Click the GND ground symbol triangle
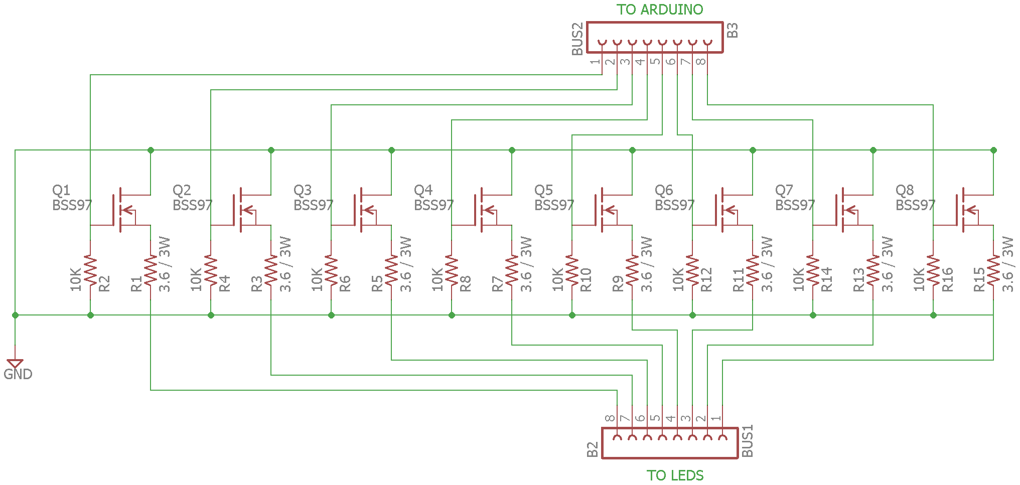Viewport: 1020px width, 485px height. click(x=15, y=363)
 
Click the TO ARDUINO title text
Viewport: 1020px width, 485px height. click(x=659, y=10)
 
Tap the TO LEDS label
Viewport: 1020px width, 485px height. click(x=675, y=475)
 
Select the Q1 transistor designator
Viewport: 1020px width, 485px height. click(x=61, y=190)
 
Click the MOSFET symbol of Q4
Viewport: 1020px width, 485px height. click(x=484, y=211)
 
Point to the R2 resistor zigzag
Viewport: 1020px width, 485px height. click(x=90, y=271)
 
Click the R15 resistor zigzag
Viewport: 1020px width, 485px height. click(x=993, y=271)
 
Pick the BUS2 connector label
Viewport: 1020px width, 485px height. click(x=577, y=39)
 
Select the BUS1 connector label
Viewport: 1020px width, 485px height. click(x=747, y=441)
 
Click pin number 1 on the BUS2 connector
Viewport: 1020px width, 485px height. click(x=595, y=62)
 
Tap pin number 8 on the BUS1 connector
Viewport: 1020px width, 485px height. click(x=610, y=418)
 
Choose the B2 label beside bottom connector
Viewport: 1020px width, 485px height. click(x=593, y=449)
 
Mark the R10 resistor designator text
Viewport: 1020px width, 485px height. click(x=586, y=280)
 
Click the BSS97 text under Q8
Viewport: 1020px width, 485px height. click(x=915, y=205)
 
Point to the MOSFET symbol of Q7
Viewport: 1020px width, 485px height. click(x=845, y=211)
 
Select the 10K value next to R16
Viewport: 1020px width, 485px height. click(x=919, y=279)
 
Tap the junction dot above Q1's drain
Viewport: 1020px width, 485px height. click(x=151, y=150)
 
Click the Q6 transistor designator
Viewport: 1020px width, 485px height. click(x=663, y=190)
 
